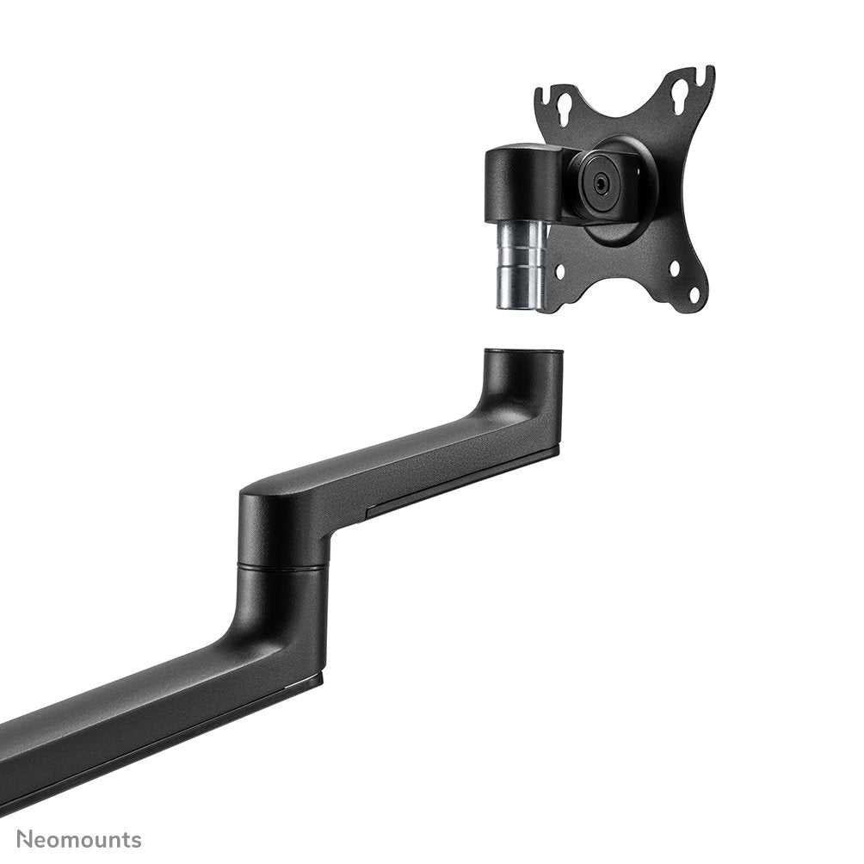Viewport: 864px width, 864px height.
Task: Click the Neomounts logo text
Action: pos(79,839)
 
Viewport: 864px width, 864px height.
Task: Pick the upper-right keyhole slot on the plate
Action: pos(680,89)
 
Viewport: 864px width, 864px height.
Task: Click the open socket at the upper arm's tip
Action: pos(523,353)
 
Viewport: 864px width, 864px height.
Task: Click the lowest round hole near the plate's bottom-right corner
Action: pos(694,297)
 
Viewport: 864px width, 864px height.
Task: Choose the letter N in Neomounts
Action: pos(26,839)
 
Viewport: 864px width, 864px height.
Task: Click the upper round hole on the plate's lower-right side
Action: pos(674,268)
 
